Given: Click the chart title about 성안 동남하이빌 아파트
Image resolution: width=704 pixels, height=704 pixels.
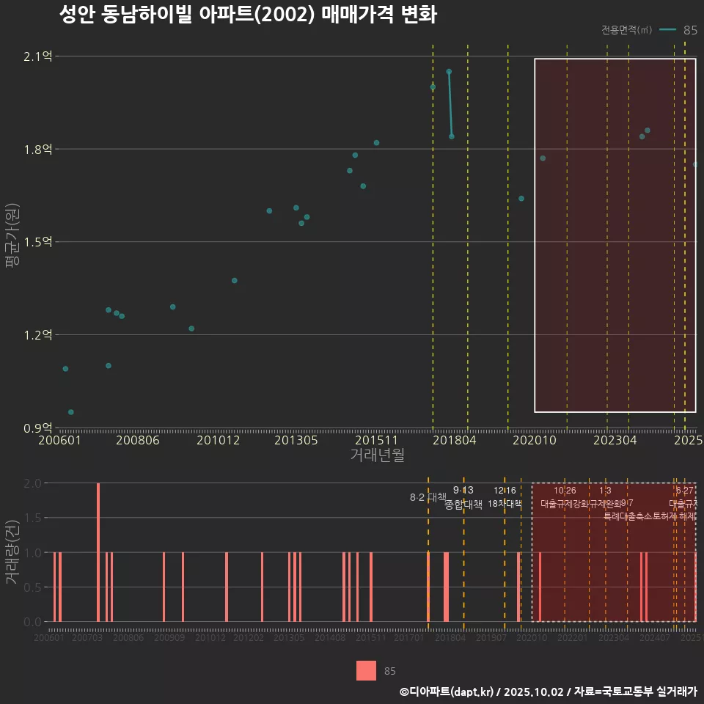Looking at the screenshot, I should [248, 15].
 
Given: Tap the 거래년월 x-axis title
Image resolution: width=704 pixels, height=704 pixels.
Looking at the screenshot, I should [377, 455].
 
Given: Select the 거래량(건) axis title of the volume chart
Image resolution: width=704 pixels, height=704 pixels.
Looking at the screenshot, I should [12, 552].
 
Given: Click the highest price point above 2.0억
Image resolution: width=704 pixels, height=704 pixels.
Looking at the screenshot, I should [449, 72].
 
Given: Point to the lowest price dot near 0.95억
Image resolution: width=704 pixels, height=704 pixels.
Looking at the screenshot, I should [71, 412].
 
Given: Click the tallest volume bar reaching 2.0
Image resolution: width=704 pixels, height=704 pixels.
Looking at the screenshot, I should [98, 551].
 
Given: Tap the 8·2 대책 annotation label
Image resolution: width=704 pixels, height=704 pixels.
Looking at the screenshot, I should [428, 497].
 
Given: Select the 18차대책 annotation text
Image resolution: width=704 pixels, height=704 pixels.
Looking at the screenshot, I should [505, 504].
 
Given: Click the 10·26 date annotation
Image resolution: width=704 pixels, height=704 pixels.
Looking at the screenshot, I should [565, 491].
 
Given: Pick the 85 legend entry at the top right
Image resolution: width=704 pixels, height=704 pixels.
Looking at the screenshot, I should [690, 30].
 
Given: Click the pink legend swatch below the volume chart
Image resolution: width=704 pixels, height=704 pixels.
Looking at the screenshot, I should [366, 670].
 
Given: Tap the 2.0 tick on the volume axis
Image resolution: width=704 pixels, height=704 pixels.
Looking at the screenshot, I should [32, 483].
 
